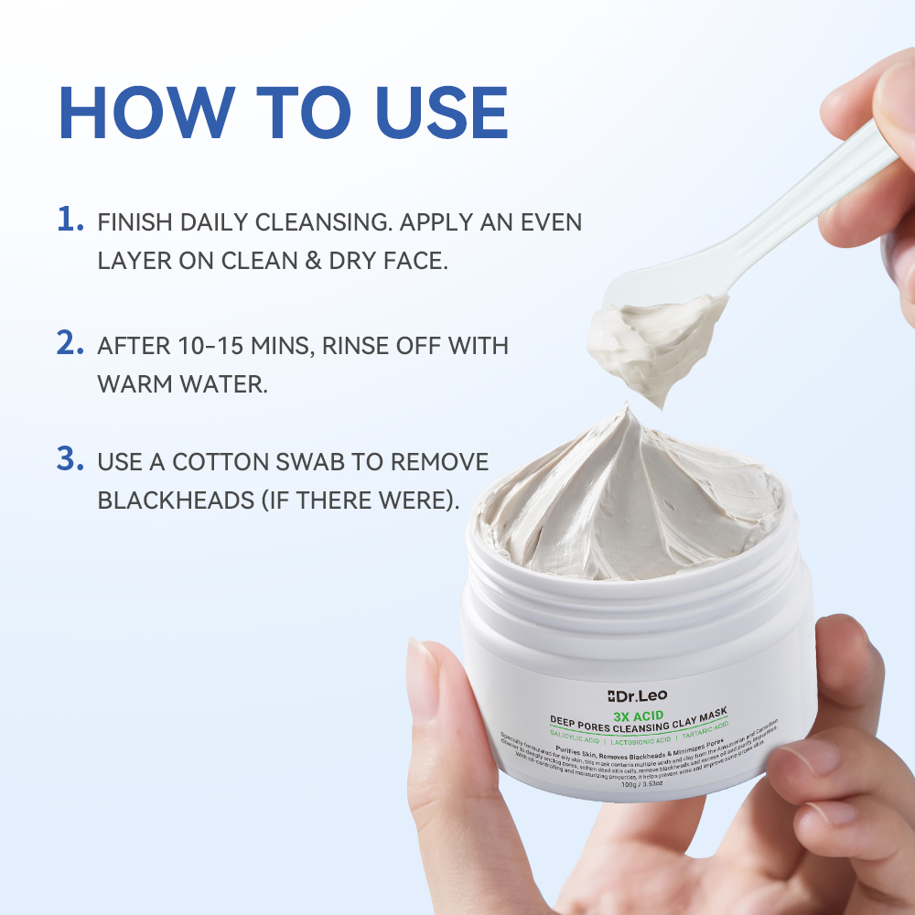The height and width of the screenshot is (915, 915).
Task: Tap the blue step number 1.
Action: point(70,221)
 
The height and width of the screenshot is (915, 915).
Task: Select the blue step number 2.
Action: point(70,344)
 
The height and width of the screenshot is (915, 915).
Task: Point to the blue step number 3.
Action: point(70,460)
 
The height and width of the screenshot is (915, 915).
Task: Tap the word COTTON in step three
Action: point(225,463)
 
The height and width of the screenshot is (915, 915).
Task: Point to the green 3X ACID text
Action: point(640,715)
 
